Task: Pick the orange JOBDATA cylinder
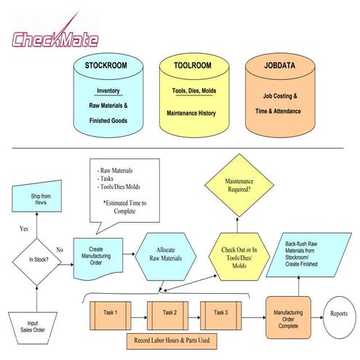pyautogui.click(x=276, y=98)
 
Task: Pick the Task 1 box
pyautogui.click(x=111, y=313)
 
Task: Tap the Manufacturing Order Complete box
pyautogui.click(x=288, y=317)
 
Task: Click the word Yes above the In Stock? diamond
pyautogui.click(x=24, y=228)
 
